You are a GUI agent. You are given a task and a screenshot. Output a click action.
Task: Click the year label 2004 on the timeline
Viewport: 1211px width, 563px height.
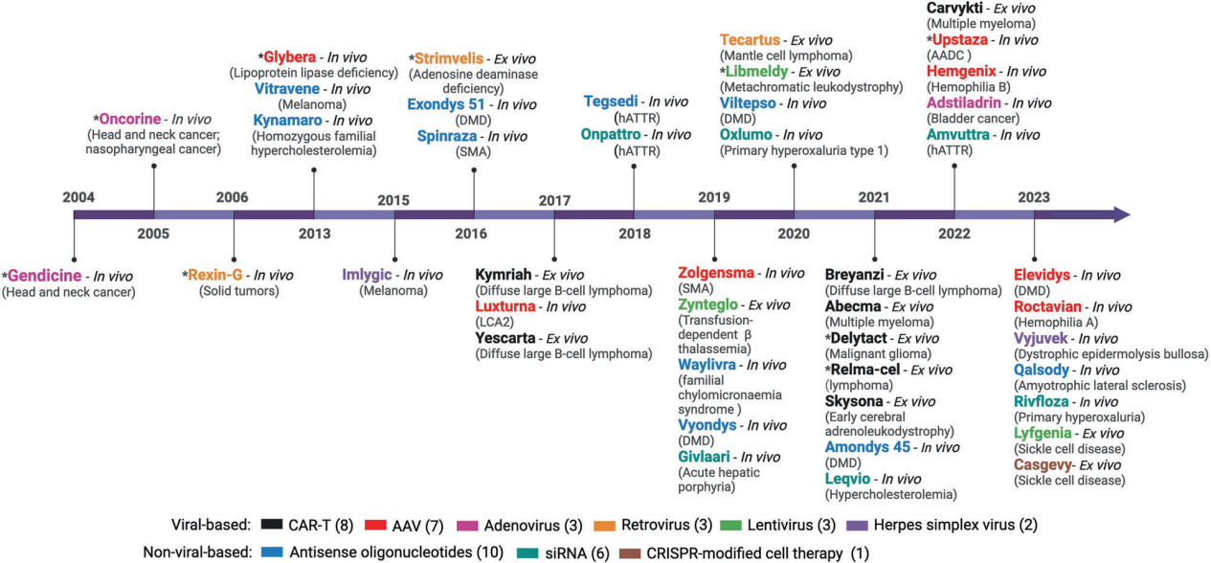coord(78,197)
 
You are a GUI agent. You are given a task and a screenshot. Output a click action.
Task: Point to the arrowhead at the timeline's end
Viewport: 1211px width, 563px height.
coord(1120,215)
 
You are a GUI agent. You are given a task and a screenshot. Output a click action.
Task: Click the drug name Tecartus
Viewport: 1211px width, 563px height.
coord(751,40)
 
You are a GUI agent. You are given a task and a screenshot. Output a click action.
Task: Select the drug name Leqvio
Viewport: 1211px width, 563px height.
coord(851,479)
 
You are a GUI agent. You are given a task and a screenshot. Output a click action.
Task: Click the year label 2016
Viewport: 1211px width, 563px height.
coord(471,234)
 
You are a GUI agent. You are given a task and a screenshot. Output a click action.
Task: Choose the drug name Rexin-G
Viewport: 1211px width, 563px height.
coord(220,276)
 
